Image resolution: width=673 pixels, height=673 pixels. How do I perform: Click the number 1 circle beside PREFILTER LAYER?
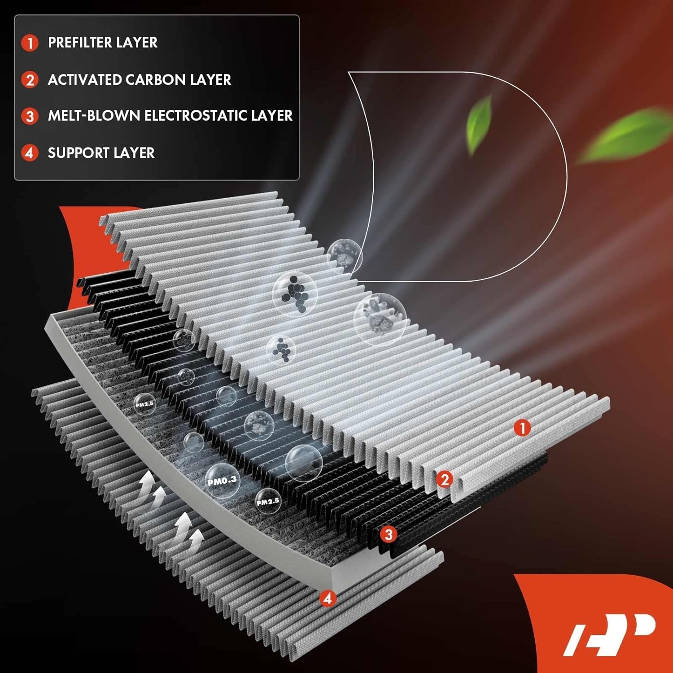pyautogui.click(x=30, y=43)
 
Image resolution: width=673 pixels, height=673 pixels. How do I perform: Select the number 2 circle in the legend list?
pyautogui.click(x=30, y=80)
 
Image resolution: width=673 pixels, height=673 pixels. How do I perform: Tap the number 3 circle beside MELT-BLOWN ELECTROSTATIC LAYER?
pyautogui.click(x=30, y=116)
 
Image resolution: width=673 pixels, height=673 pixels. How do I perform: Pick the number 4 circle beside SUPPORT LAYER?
pyautogui.click(x=30, y=153)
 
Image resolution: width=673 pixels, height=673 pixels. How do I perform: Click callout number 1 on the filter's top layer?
pyautogui.click(x=522, y=428)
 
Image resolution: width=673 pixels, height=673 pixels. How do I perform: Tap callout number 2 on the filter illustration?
pyautogui.click(x=444, y=480)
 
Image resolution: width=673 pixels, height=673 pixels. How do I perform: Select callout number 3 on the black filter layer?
pyautogui.click(x=389, y=534)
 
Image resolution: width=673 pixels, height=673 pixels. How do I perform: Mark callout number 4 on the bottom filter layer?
pyautogui.click(x=328, y=598)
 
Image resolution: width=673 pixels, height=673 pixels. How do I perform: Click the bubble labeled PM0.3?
pyautogui.click(x=222, y=481)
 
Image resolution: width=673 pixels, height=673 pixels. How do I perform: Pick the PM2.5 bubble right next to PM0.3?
pyautogui.click(x=268, y=501)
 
